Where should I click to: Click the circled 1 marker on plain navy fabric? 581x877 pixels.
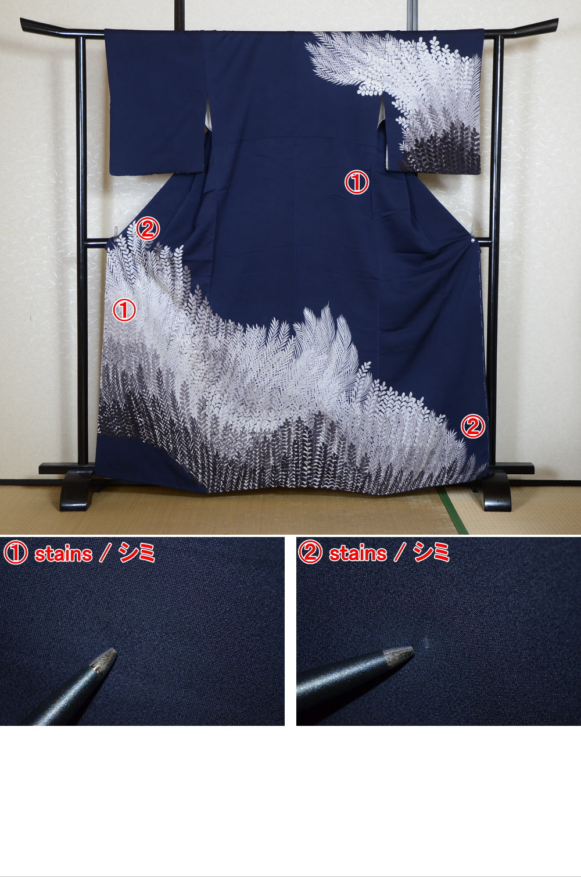(357, 182)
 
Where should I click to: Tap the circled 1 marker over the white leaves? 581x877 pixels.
(124, 310)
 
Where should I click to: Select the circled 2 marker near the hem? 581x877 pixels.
(472, 427)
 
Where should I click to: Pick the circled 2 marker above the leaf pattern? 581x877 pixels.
(147, 229)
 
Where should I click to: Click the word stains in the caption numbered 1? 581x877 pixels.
(63, 554)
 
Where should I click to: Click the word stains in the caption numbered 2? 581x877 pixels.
(358, 554)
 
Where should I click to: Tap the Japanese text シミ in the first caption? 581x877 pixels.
(137, 553)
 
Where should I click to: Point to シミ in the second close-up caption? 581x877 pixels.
(432, 553)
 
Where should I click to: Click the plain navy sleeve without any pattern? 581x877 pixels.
(154, 105)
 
